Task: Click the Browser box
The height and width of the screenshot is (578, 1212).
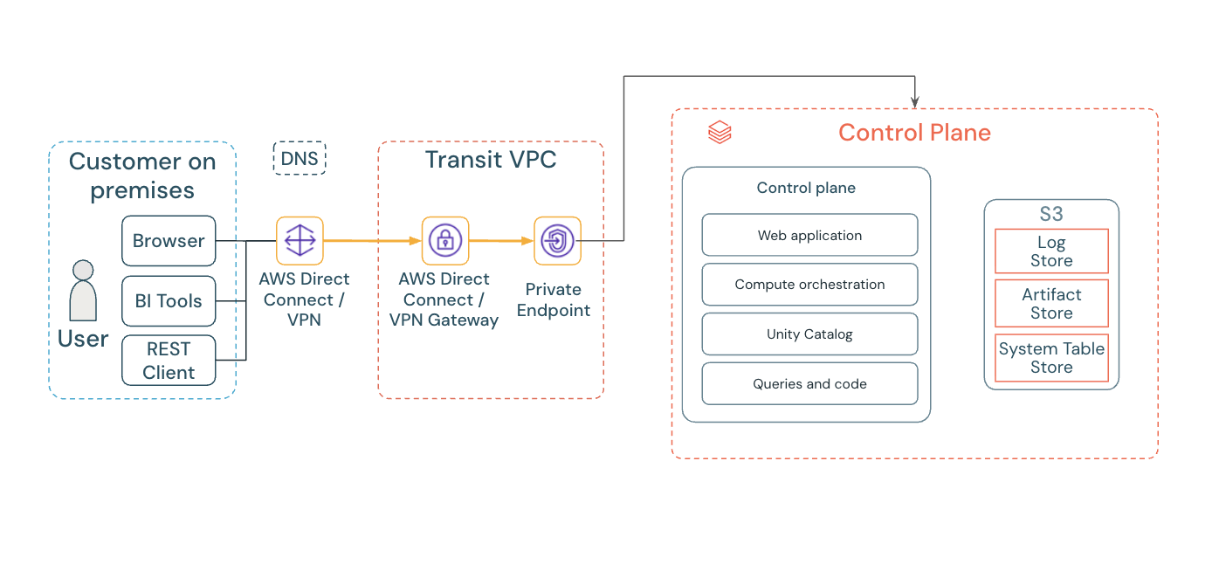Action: pyautogui.click(x=169, y=241)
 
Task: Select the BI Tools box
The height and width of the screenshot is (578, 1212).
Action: pyautogui.click(x=169, y=301)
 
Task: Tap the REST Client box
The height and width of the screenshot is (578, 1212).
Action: pyautogui.click(x=169, y=361)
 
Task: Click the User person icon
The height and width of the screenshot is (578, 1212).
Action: pyautogui.click(x=83, y=291)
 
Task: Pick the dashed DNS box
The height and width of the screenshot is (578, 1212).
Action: pyautogui.click(x=300, y=159)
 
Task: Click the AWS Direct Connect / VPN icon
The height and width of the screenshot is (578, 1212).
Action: pyautogui.click(x=300, y=240)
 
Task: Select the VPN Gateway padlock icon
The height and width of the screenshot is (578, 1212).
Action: pyautogui.click(x=445, y=240)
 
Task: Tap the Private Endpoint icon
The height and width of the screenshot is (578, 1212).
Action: pyautogui.click(x=557, y=240)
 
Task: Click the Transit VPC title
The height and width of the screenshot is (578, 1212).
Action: pyautogui.click(x=491, y=160)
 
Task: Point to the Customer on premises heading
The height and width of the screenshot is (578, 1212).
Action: pyautogui.click(x=142, y=175)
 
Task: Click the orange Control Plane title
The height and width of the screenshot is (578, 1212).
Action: pyautogui.click(x=914, y=133)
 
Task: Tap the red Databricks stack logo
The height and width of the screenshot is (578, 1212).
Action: pyautogui.click(x=720, y=133)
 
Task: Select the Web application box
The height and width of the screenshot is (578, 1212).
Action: pyautogui.click(x=809, y=235)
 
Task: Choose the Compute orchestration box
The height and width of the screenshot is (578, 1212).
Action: pyautogui.click(x=809, y=285)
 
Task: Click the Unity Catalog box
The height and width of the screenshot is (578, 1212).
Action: pyautogui.click(x=809, y=334)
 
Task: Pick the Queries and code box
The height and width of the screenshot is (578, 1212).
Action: pyautogui.click(x=809, y=384)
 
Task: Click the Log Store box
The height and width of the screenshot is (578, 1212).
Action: pyautogui.click(x=1051, y=251)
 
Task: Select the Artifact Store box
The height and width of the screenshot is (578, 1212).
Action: pyautogui.click(x=1051, y=304)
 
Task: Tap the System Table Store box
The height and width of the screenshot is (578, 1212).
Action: pyautogui.click(x=1051, y=358)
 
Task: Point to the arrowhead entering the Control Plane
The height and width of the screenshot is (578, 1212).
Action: pyautogui.click(x=914, y=104)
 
